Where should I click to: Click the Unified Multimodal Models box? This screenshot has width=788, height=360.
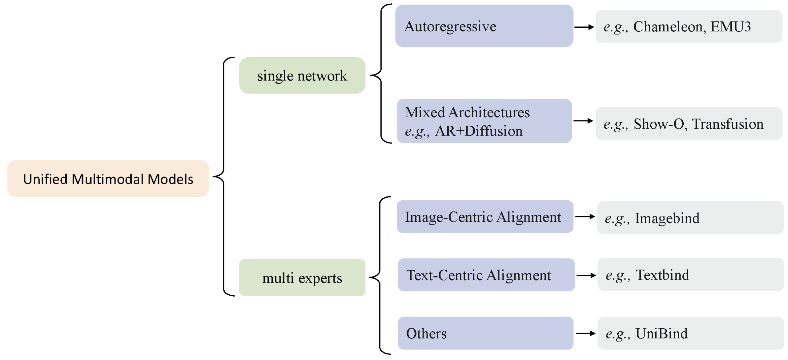(x=108, y=178)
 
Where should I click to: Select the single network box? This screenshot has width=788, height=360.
(x=302, y=75)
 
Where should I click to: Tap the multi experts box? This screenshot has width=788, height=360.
(x=302, y=277)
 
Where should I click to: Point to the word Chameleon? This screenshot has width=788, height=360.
(x=667, y=27)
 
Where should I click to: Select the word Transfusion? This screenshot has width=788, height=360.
(x=727, y=124)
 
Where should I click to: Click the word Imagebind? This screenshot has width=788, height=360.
(x=667, y=218)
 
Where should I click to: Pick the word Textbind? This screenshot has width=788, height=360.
(x=662, y=275)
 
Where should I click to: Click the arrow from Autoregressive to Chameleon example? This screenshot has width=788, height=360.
(x=583, y=27)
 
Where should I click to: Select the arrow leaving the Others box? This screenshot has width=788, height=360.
(x=585, y=333)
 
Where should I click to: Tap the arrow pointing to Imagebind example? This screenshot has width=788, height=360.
(x=584, y=216)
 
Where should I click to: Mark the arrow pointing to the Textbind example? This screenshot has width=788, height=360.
(x=585, y=275)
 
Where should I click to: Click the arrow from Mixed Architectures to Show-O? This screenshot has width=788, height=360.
(x=583, y=121)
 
